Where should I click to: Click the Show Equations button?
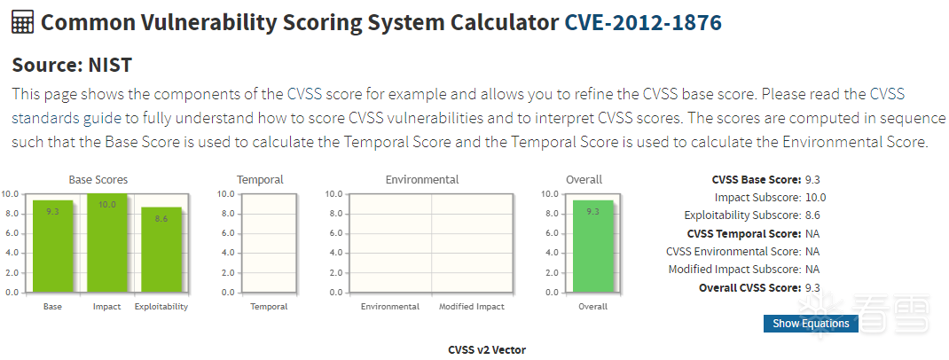click(x=811, y=324)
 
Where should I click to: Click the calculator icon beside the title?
click(x=23, y=23)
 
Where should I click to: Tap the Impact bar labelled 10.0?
click(x=106, y=243)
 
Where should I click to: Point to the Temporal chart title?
click(x=261, y=180)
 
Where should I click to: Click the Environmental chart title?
click(x=422, y=180)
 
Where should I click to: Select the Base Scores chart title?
click(x=105, y=180)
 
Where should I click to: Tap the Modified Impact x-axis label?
click(x=472, y=307)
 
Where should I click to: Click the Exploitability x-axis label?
click(x=161, y=307)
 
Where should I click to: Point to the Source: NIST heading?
click(x=72, y=65)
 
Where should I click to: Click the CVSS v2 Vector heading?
click(x=487, y=350)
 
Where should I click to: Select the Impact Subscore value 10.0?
click(x=816, y=198)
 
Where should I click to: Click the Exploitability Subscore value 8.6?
click(x=812, y=215)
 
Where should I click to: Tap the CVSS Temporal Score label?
click(x=744, y=234)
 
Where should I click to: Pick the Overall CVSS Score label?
click(x=749, y=288)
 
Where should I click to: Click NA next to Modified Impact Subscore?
click(x=812, y=270)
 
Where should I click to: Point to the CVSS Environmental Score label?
click(x=733, y=252)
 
